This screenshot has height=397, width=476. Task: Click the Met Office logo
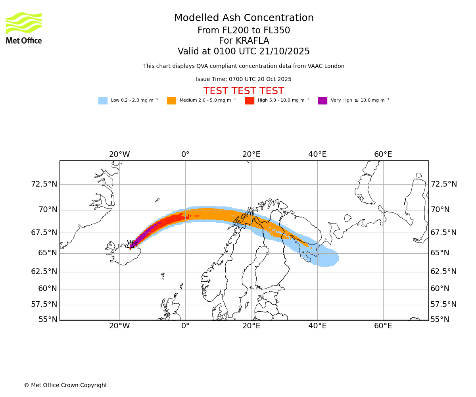[24, 28]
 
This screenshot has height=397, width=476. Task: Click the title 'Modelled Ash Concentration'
[244, 18]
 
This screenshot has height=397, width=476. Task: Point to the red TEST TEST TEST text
[244, 91]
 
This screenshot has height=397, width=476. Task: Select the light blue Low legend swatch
[103, 101]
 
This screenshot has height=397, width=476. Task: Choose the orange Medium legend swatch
[171, 101]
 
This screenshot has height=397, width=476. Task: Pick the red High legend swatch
[250, 101]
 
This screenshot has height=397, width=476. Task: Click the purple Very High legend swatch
[322, 101]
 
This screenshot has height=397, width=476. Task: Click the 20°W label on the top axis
[119, 154]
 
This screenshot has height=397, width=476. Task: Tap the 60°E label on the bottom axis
[383, 326]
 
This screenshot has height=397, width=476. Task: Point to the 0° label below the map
[185, 326]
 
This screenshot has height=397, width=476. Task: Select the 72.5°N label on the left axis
[44, 184]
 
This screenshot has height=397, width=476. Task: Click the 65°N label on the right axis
[440, 253]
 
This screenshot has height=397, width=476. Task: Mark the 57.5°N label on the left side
[44, 304]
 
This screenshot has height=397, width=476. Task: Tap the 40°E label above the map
[317, 154]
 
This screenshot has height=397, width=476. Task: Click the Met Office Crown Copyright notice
[65, 385]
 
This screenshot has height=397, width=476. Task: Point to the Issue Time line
[244, 79]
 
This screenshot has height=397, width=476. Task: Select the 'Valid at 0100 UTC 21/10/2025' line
[244, 52]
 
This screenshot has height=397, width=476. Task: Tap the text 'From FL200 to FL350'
[244, 31]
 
